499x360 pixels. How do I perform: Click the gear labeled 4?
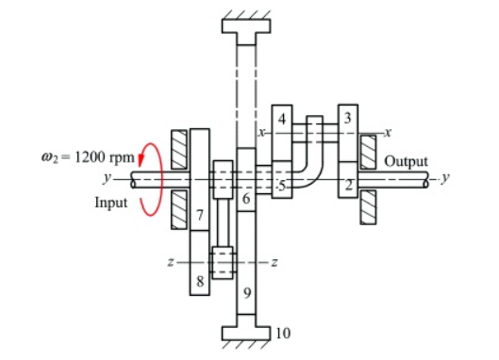coord(283,120)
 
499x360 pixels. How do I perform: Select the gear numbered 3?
coord(348,119)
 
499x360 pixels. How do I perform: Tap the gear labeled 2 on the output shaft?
coord(348,185)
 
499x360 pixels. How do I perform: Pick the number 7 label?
coord(200,216)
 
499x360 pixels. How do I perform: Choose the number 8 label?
coord(200,280)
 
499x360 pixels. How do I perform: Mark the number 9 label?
coord(245,294)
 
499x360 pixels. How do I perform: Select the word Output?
coord(406,161)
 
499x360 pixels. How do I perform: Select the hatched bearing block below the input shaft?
coord(177,210)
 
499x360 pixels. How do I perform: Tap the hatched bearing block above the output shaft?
coord(368,152)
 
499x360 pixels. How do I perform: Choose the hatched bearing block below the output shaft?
coord(368,206)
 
